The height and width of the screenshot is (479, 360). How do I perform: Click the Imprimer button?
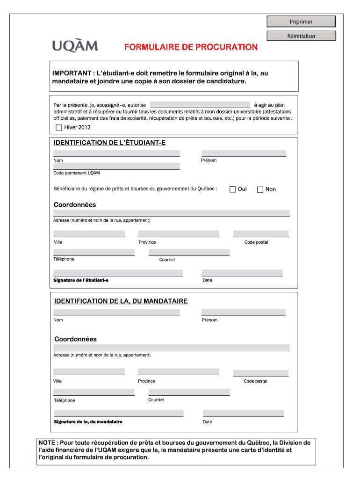(301, 22)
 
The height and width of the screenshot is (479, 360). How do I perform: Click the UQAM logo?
(75, 46)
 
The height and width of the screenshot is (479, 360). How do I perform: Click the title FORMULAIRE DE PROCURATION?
(191, 47)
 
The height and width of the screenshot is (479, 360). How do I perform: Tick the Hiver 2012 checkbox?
(58, 127)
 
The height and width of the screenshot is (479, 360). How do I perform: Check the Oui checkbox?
(232, 189)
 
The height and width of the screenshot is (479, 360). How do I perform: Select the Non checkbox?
(260, 189)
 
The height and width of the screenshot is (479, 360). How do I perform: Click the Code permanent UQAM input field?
(116, 166)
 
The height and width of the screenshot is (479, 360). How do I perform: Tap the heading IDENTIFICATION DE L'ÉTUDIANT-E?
(110, 142)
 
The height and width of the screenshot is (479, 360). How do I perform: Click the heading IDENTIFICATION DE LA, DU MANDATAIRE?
(121, 301)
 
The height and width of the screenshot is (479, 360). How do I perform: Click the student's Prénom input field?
(244, 153)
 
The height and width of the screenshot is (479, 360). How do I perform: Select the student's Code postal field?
(260, 234)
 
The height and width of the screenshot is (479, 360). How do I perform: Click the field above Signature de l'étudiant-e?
(118, 273)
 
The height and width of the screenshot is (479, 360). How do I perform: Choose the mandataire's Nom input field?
(116, 312)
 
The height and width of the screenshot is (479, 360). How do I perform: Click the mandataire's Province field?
(178, 372)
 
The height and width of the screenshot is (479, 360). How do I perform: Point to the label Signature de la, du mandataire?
(88, 422)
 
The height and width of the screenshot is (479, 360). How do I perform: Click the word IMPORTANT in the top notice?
(72, 73)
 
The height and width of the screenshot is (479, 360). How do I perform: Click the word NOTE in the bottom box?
(48, 443)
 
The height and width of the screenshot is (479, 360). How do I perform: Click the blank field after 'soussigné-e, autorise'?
(200, 105)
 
